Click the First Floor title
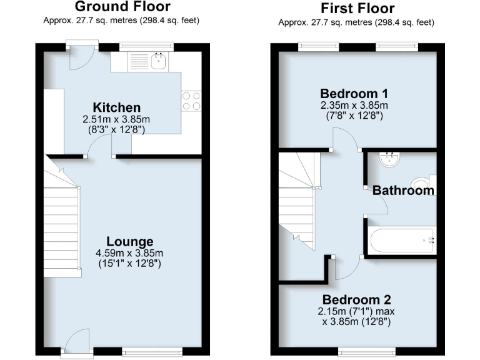357,8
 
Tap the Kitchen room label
117,107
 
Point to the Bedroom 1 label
354,94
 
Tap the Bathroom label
403,191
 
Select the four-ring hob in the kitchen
191,101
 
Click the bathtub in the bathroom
399,240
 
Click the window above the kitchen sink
146,45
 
